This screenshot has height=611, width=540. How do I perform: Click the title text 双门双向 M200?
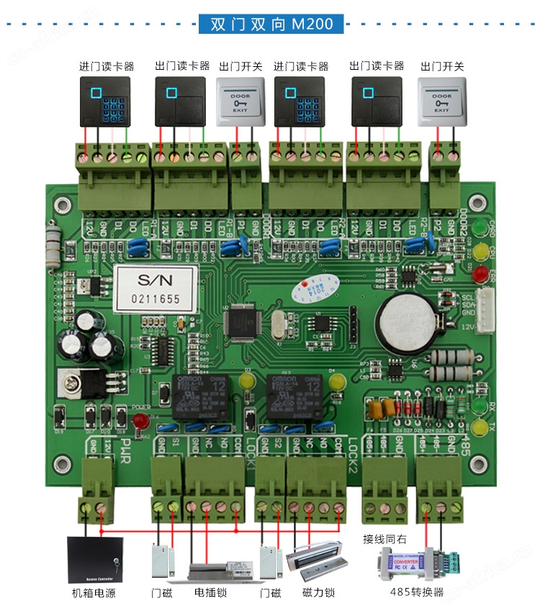tap(271, 24)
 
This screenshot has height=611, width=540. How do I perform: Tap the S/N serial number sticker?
tap(155, 287)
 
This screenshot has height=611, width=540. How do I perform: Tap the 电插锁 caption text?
tap(210, 593)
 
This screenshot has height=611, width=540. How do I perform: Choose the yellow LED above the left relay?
tap(247, 381)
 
